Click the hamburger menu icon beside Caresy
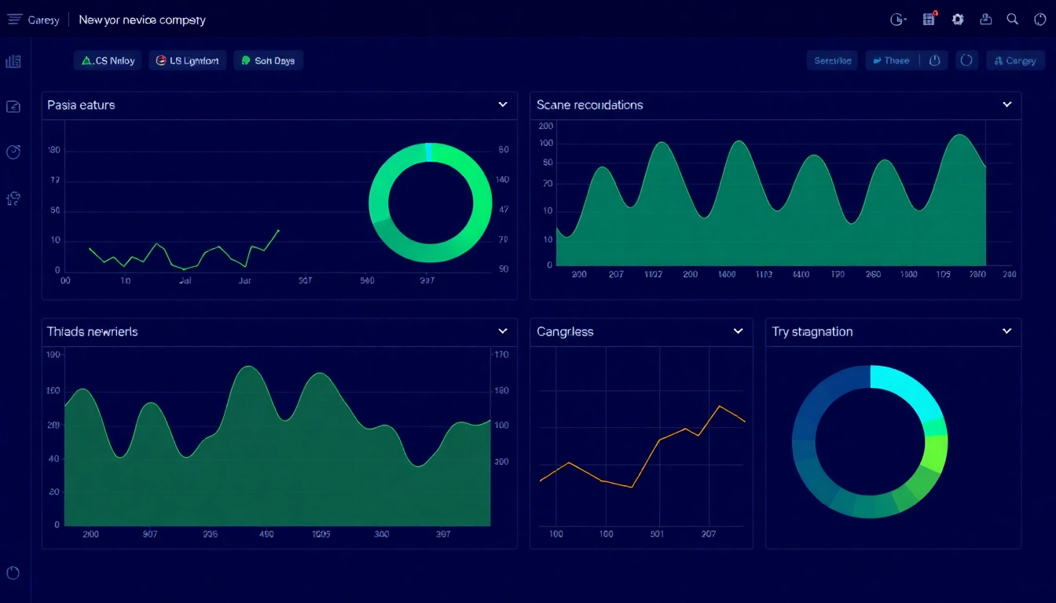(x=14, y=20)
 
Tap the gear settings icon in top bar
(x=958, y=20)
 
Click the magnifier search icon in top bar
(x=1013, y=20)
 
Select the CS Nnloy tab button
(x=108, y=60)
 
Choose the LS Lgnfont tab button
(x=188, y=60)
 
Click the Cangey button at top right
(x=1015, y=60)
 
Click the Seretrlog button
(x=832, y=60)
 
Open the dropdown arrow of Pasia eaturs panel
(x=503, y=104)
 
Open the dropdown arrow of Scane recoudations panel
(x=1006, y=104)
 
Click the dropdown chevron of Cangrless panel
(x=738, y=331)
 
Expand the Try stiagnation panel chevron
(x=1006, y=331)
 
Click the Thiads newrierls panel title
(x=92, y=331)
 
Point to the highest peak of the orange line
(x=719, y=406)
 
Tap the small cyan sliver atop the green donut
(x=428, y=152)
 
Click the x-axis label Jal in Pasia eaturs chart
(x=185, y=280)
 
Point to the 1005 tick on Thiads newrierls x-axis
(x=321, y=534)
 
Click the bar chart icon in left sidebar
(x=13, y=61)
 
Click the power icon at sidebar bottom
(x=13, y=572)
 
